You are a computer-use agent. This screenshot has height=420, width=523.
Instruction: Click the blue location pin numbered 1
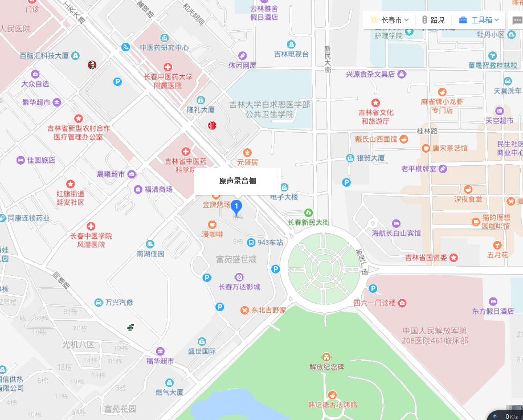point(236,207)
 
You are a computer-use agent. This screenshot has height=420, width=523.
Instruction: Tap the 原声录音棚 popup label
point(237,181)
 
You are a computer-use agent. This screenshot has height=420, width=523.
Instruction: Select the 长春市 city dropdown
point(390,20)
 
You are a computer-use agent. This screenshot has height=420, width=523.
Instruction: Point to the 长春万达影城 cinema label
point(239,287)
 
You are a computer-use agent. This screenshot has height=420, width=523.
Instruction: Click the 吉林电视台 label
point(291,54)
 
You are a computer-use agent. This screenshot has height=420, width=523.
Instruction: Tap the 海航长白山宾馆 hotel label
point(396,233)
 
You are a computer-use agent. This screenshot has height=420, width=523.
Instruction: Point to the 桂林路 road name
point(427,131)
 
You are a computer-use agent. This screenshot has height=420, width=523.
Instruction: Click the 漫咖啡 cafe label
point(213,234)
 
